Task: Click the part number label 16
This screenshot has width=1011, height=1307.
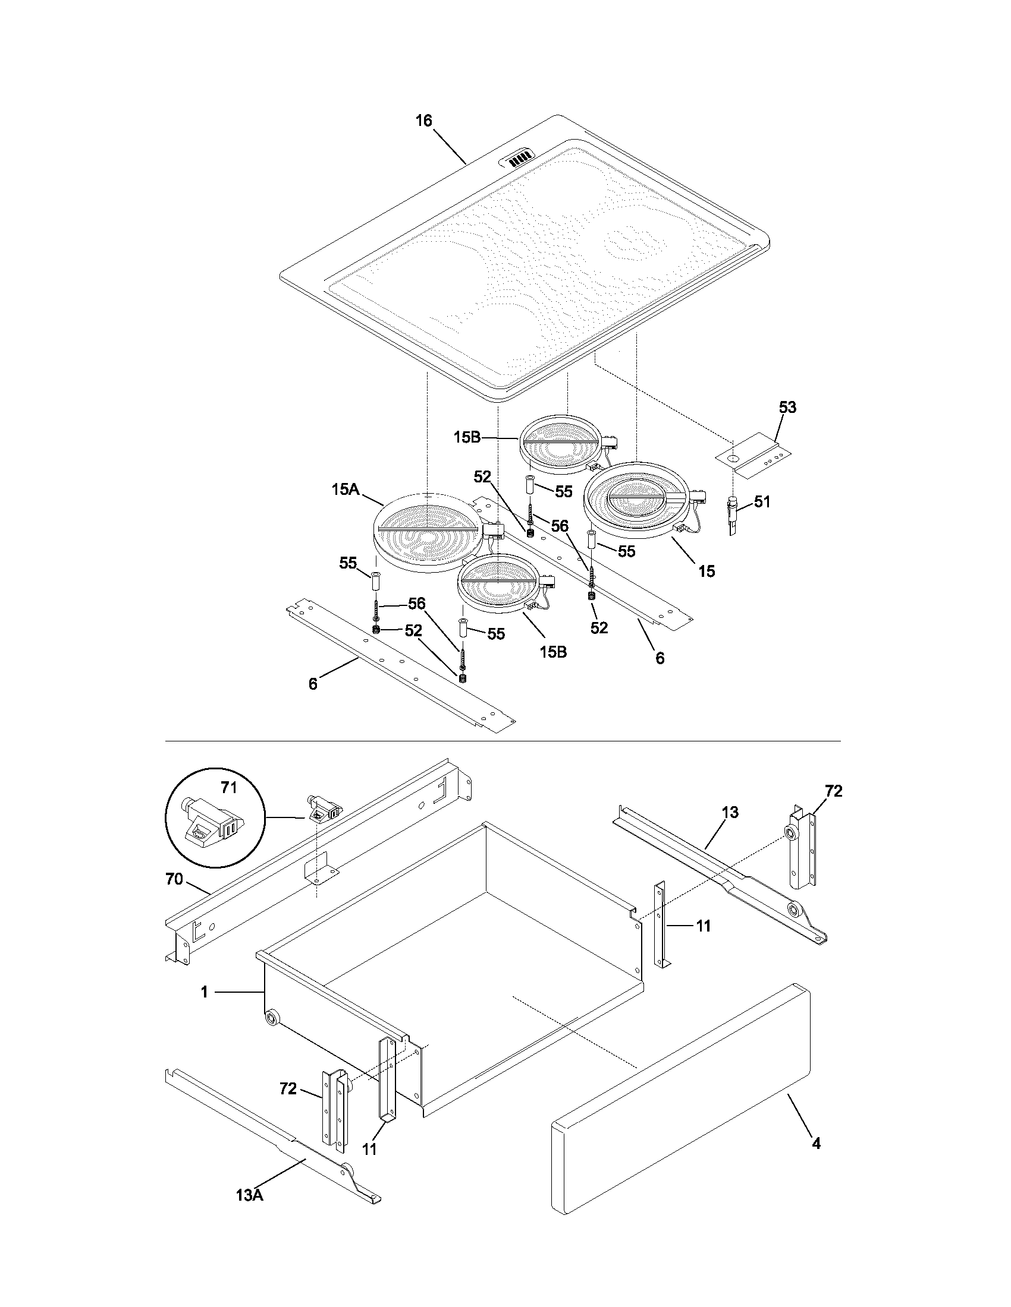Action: (423, 121)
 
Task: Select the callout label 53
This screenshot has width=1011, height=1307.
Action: (787, 408)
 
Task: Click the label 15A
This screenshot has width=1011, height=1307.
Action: (345, 490)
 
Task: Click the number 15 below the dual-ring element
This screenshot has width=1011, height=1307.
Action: (707, 572)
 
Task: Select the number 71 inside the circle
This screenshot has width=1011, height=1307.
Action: (229, 788)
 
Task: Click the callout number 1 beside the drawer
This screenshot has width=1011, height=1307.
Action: (204, 993)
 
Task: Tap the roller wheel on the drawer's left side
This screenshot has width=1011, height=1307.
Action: (273, 1017)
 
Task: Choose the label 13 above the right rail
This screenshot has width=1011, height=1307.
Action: (730, 813)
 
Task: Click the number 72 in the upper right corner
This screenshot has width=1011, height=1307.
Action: (833, 791)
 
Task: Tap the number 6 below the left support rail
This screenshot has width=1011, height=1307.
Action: (313, 684)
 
